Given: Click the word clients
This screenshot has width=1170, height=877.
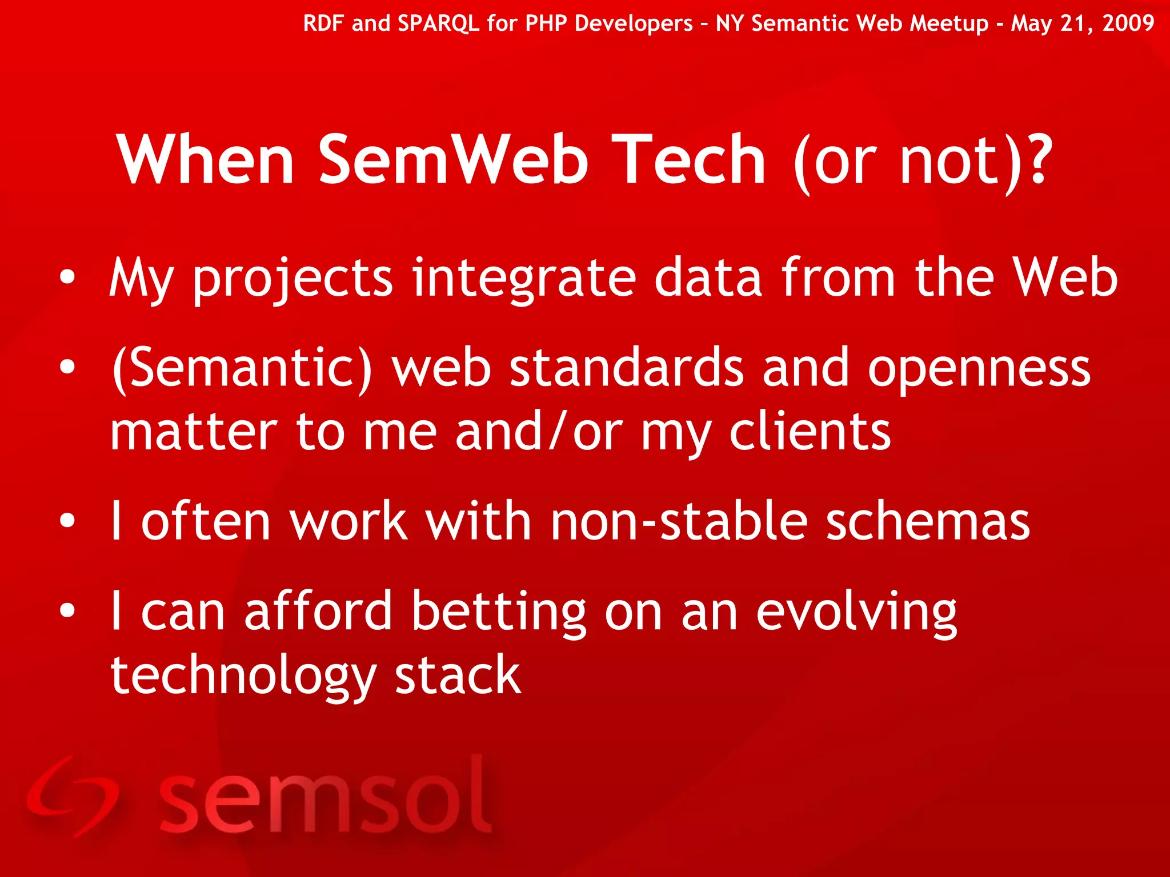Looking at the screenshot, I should pyautogui.click(x=810, y=432).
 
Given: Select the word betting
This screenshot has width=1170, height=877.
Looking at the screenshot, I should pyautogui.click(x=498, y=612).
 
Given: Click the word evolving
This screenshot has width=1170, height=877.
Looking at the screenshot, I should pyautogui.click(x=856, y=612).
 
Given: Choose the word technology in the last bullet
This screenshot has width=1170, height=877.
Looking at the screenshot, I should pyautogui.click(x=243, y=677).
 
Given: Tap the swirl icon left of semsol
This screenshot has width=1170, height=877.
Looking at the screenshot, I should pyautogui.click(x=71, y=796).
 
